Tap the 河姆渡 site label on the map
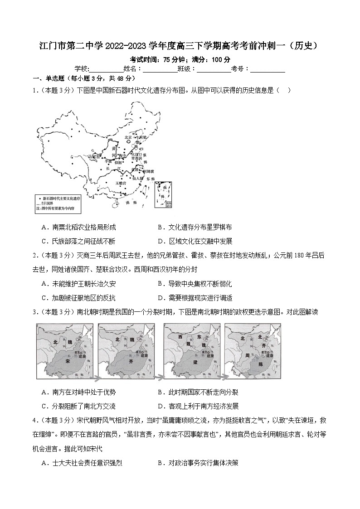coord(149,171)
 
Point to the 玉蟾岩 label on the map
coord(121,183)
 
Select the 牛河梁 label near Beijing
coord(142,137)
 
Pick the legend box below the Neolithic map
coord(58,203)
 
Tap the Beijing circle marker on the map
coord(128,142)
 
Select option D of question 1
coord(195,241)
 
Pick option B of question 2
coord(195,284)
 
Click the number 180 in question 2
coord(296,255)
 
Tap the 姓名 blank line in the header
coord(160,69)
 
